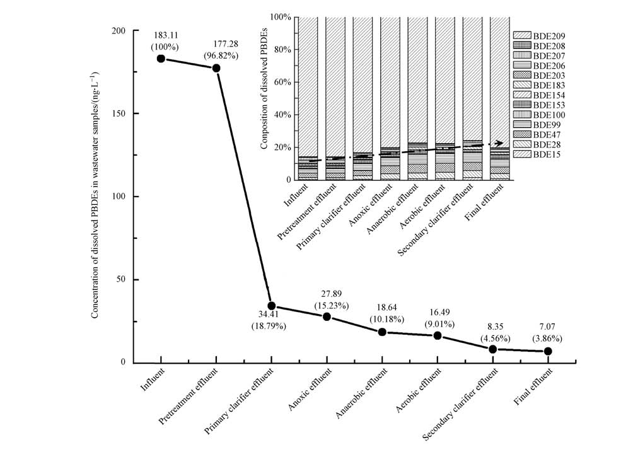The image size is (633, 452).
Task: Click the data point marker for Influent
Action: (161, 59)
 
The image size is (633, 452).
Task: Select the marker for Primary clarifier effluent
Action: (271, 306)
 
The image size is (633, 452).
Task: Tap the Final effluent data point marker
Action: (548, 351)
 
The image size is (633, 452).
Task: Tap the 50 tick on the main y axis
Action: (134, 279)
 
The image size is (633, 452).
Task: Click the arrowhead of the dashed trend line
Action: (500, 143)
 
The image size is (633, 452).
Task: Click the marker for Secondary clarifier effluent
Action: (493, 349)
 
